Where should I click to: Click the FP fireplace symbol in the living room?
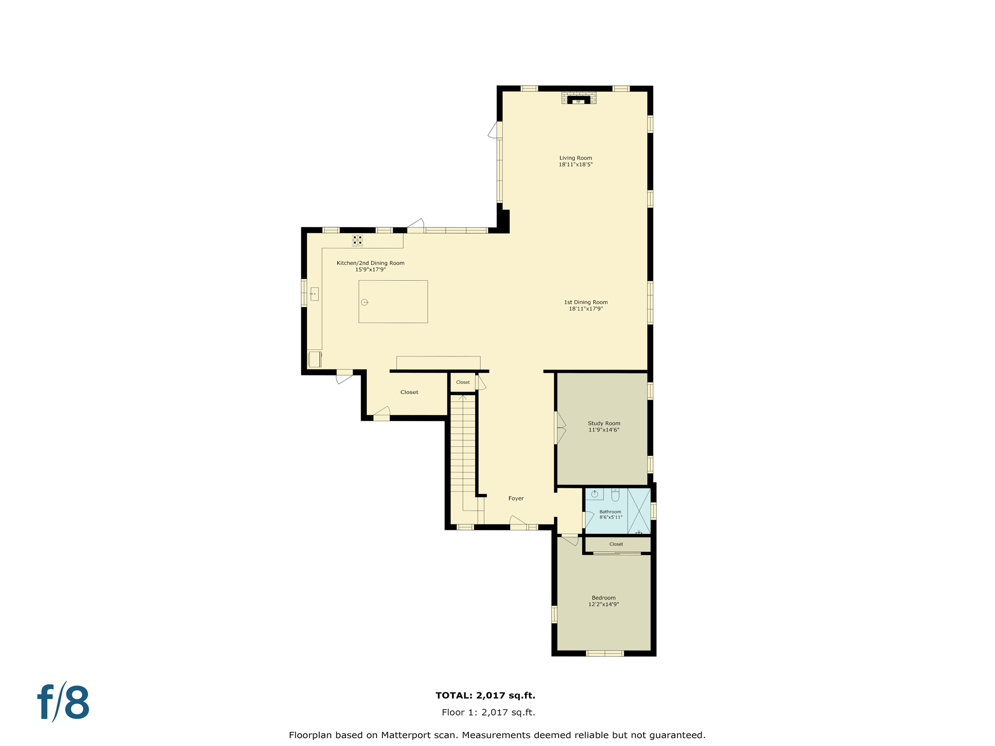[x=578, y=100]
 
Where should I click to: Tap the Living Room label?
[x=575, y=158]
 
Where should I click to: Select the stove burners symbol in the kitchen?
[x=357, y=240]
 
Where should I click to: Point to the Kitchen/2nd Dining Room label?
[x=370, y=263]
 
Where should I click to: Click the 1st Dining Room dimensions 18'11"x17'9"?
[x=585, y=309]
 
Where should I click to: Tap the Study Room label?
[x=603, y=423]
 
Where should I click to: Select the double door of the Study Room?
[x=560, y=428]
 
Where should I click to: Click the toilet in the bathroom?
[x=615, y=495]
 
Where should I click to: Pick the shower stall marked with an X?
[x=639, y=511]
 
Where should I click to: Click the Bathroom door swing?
[x=588, y=519]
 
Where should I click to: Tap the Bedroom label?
[x=603, y=598]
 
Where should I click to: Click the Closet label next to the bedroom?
[x=616, y=544]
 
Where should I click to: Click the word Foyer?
[x=516, y=498]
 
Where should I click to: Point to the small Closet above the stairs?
[x=463, y=382]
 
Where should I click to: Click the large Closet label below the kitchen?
[x=409, y=392]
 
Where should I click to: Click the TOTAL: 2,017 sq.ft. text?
[x=485, y=695]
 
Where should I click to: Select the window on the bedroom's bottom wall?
[x=604, y=653]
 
